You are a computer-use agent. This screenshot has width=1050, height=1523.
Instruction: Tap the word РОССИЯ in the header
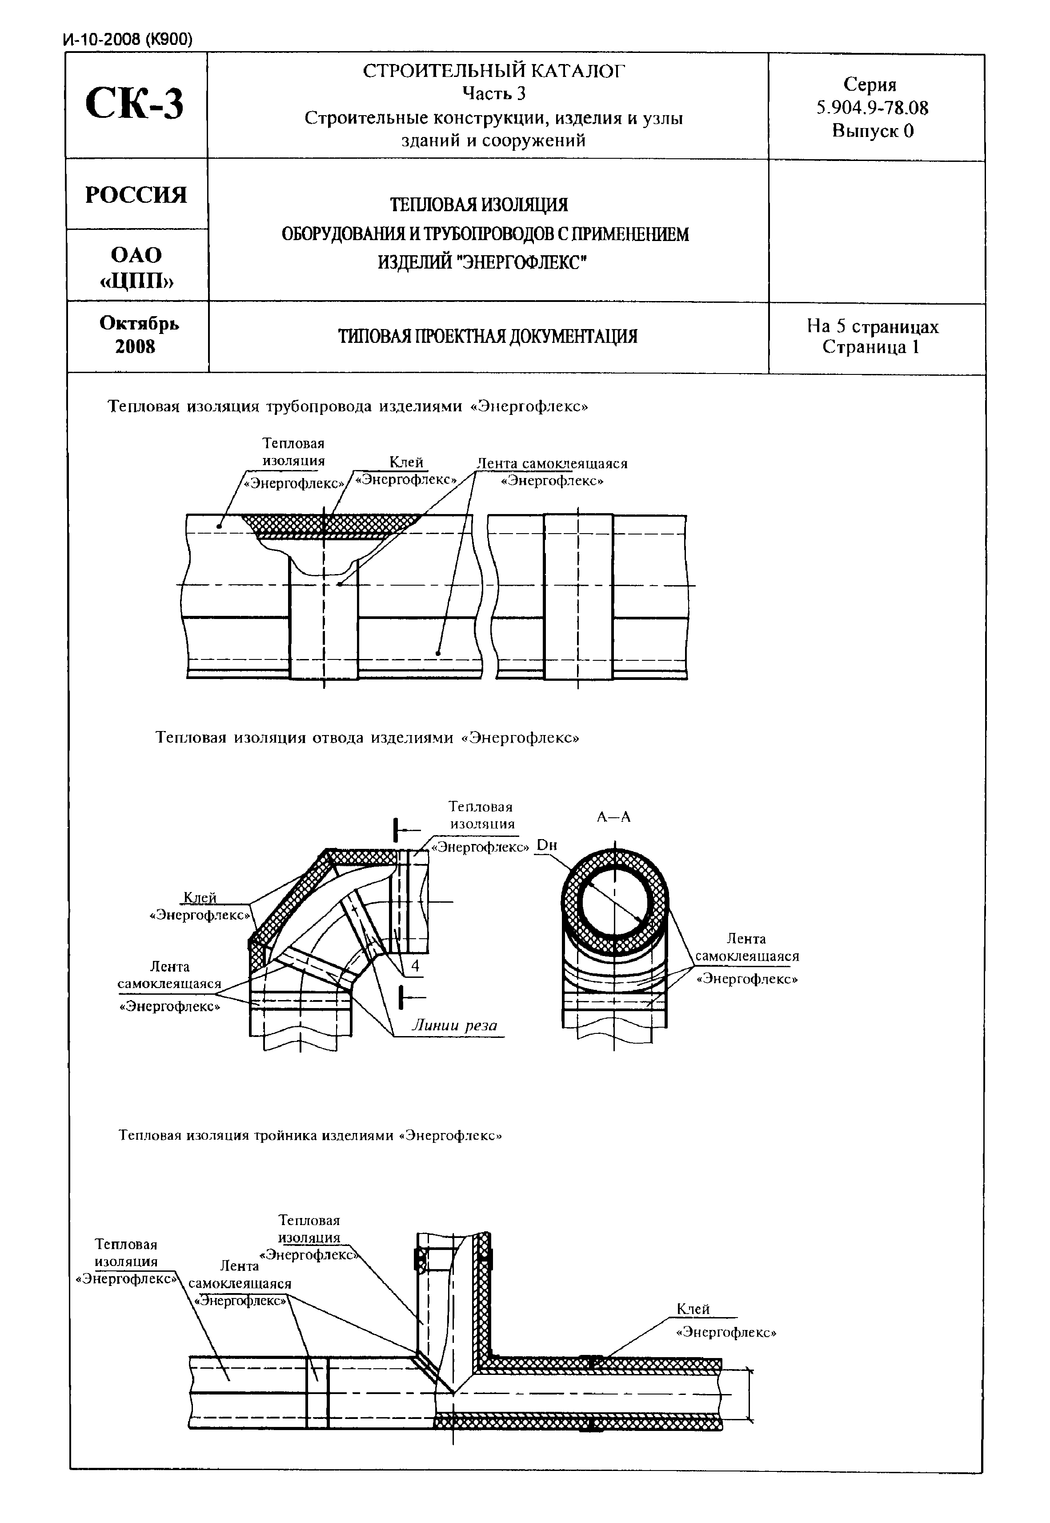pyautogui.click(x=136, y=195)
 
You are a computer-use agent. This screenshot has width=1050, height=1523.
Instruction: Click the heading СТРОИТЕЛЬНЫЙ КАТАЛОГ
pyautogui.click(x=493, y=70)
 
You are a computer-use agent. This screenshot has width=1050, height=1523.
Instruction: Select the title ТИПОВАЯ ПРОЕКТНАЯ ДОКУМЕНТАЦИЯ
pyautogui.click(x=488, y=337)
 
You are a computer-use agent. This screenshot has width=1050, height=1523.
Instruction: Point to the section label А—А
pyautogui.click(x=613, y=817)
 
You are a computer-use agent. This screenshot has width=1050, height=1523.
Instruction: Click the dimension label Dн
pyautogui.click(x=547, y=845)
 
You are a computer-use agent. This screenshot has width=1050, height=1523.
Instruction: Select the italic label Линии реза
pyautogui.click(x=454, y=1025)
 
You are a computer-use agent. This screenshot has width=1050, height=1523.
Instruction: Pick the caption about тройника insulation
pyautogui.click(x=310, y=1135)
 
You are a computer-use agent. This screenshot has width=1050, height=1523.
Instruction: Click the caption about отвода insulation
pyautogui.click(x=367, y=737)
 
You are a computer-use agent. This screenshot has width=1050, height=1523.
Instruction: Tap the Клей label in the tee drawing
pyautogui.click(x=693, y=1309)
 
